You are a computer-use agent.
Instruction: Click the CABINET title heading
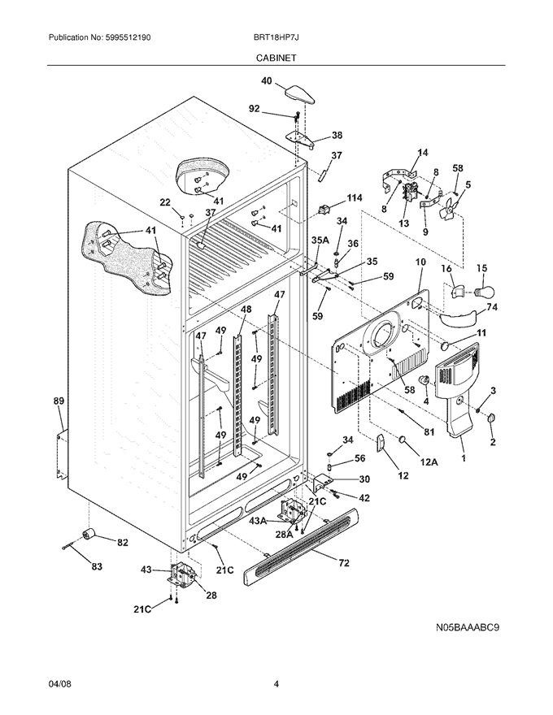[276, 58]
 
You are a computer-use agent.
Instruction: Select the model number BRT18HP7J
[276, 38]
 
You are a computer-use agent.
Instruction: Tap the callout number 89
[59, 401]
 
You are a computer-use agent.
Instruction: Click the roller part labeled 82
[88, 534]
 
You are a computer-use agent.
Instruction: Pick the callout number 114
[354, 198]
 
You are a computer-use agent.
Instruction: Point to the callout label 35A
[320, 240]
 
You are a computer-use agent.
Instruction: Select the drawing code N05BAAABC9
[467, 627]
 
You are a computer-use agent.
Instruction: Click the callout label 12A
[429, 462]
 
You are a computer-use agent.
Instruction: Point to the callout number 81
[429, 431]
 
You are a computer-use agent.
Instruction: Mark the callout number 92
[255, 109]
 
